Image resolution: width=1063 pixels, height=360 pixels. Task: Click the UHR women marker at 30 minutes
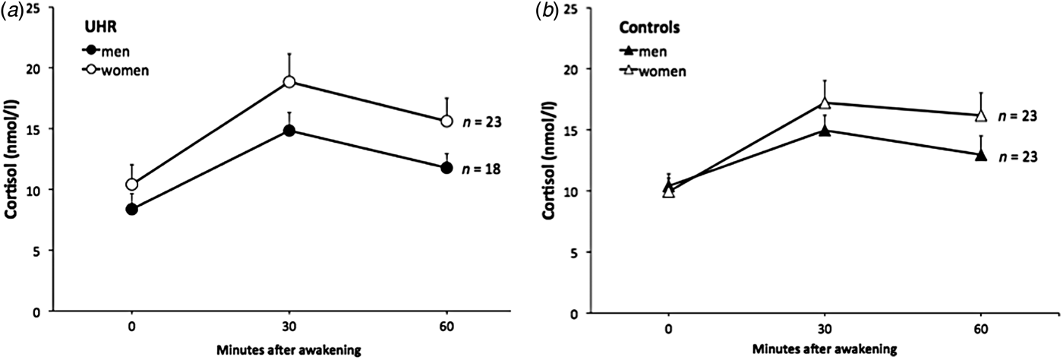coord(289,81)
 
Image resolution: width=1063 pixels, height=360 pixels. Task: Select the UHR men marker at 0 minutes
coord(132,210)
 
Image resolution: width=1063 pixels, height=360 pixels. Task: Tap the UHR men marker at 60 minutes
coord(446,168)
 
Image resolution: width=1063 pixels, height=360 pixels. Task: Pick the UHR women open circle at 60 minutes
coord(446,122)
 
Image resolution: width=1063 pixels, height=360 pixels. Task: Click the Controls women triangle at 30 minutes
coord(825,103)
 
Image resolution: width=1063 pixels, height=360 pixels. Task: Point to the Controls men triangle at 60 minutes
coord(980,155)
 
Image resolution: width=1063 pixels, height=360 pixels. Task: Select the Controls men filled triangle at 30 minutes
coord(825,130)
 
